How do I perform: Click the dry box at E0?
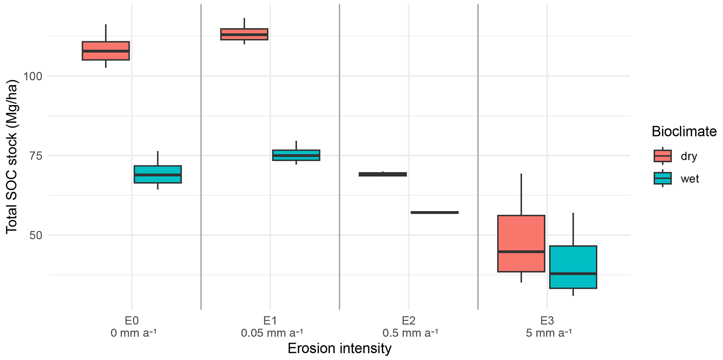click(106, 51)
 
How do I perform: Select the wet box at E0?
click(158, 174)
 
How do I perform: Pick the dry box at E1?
click(244, 34)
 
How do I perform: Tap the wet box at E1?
click(296, 155)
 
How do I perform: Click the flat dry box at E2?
click(383, 174)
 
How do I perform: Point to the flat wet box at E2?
click(435, 212)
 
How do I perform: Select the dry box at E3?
click(521, 243)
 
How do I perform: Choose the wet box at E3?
click(573, 267)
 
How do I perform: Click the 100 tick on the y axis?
click(33, 76)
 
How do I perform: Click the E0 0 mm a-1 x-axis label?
click(132, 326)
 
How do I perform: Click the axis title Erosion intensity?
click(339, 348)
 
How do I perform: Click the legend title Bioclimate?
click(684, 132)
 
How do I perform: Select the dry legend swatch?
click(662, 156)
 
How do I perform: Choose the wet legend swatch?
click(662, 178)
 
